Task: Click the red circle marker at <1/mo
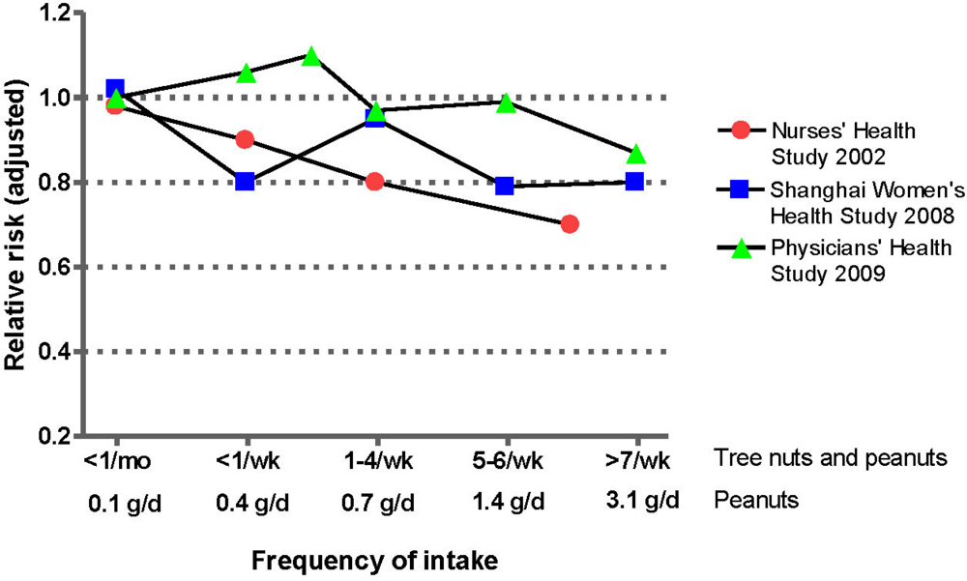[x=115, y=105]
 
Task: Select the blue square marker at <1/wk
[x=245, y=181]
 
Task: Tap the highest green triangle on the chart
[x=311, y=58]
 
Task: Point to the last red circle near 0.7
[x=570, y=224]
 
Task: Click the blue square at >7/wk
[x=634, y=181]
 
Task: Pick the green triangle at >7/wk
[x=635, y=156]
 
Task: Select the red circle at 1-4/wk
[x=375, y=181]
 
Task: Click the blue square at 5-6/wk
[x=505, y=185]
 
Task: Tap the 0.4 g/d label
[x=245, y=502]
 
